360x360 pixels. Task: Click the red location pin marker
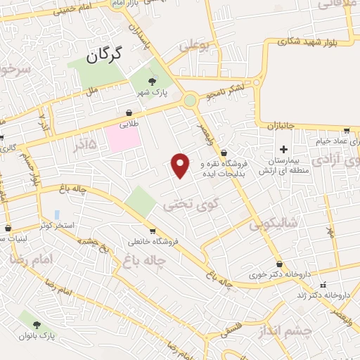tap(181, 165)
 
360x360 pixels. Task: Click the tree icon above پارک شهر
tap(153, 82)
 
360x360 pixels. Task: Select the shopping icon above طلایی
tap(129, 112)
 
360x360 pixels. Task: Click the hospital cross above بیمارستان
tap(283, 150)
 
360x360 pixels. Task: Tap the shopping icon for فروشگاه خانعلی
tap(153, 231)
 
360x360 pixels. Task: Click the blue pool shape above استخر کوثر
tap(57, 214)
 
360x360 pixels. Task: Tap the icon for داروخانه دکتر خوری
tap(279, 264)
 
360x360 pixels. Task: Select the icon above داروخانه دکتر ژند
tap(323, 285)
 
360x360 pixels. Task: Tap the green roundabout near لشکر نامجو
tap(190, 101)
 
